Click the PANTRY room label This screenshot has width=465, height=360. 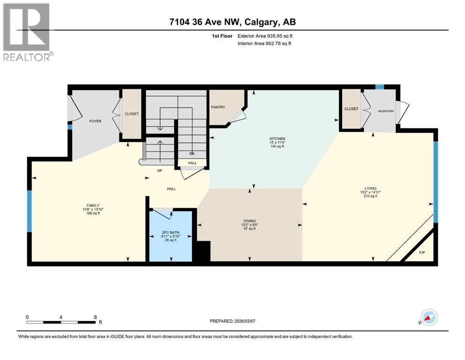click(218, 107)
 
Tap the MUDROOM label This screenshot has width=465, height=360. click(386, 111)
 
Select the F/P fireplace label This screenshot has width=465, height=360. click(422, 253)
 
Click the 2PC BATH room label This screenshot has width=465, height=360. click(170, 232)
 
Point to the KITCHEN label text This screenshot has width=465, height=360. click(277, 139)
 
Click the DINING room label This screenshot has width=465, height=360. click(250, 221)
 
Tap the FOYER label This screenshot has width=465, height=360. click(95, 121)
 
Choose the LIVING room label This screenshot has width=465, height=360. click(370, 188)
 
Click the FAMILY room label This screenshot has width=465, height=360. click(93, 205)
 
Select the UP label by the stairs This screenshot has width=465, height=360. click(160, 171)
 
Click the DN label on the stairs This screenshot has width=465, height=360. click(192, 154)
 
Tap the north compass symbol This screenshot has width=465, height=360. click(429, 317)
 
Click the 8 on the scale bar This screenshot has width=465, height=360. click(95, 317)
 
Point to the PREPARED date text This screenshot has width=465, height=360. click(232, 321)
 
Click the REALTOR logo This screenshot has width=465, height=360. click(28, 32)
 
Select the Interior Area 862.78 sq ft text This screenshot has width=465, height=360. click(264, 43)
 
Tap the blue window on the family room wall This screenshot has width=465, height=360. click(30, 211)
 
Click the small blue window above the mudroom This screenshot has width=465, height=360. click(380, 87)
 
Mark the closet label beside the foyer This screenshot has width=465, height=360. click(132, 114)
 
